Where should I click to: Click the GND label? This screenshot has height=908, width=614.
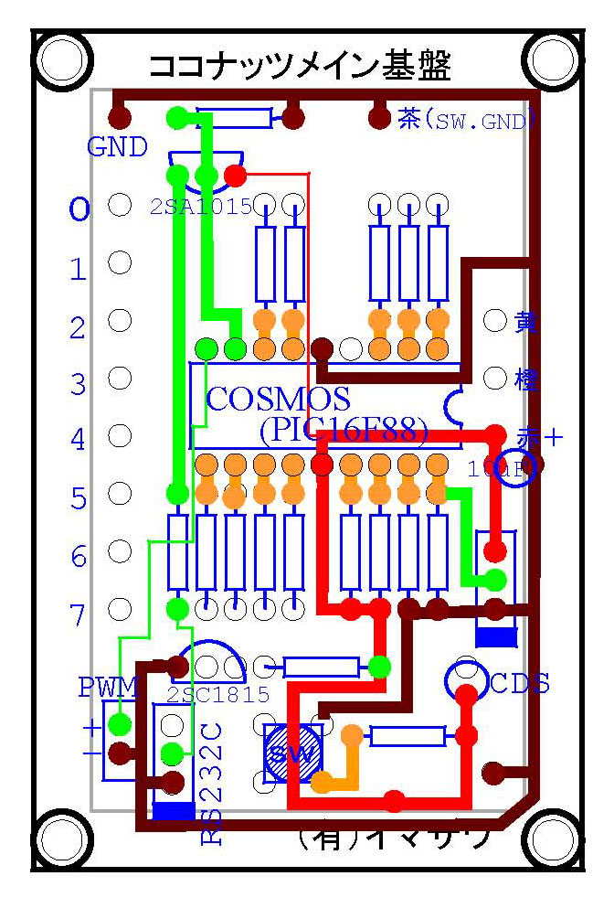[118, 146]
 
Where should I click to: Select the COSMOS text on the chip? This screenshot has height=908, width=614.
[279, 399]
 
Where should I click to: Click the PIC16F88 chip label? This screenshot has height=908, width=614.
[344, 428]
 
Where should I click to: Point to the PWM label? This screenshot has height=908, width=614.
[108, 687]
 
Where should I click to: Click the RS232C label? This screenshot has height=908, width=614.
[211, 781]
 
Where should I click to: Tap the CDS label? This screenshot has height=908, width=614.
[520, 683]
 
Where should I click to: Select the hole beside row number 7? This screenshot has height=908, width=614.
[119, 609]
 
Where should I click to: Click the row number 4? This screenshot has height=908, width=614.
[79, 441]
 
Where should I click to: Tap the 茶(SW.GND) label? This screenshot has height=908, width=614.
[466, 119]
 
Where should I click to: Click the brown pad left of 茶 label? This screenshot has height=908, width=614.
[378, 118]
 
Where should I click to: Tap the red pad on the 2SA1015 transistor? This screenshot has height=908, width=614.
[235, 175]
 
